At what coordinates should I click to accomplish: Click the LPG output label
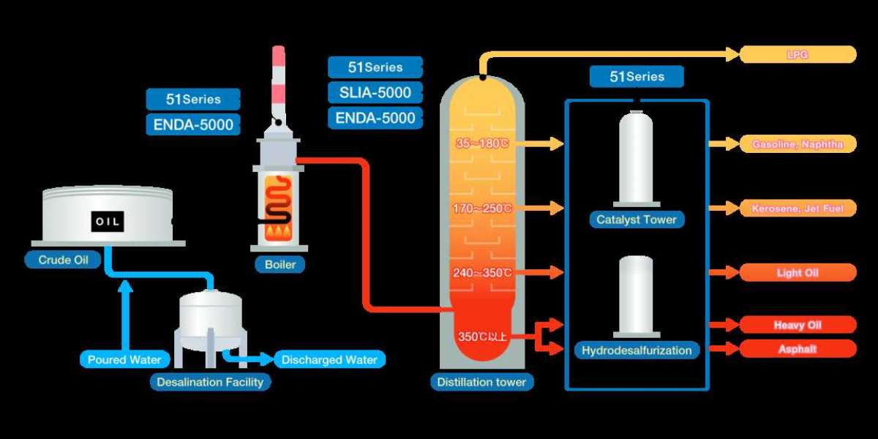tap(798, 54)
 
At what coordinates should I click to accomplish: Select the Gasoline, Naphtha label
tap(798, 144)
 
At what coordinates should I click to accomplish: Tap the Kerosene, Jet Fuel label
tap(798, 209)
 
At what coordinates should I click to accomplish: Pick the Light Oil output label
tap(798, 273)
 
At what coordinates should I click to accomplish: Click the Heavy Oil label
tap(798, 325)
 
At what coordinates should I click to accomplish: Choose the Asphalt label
tap(798, 349)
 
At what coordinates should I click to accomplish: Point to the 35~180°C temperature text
tap(482, 144)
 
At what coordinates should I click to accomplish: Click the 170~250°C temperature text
tap(482, 209)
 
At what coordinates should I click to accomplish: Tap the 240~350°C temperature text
tap(482, 273)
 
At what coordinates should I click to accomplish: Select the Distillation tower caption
tap(481, 382)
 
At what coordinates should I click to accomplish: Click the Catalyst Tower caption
tap(636, 219)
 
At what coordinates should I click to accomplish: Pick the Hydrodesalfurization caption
tap(636, 350)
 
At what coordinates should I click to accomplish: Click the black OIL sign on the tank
tap(108, 221)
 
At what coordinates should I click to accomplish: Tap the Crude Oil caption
tap(64, 260)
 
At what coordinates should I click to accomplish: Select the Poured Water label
tap(124, 359)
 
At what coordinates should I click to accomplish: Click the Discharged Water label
tap(329, 359)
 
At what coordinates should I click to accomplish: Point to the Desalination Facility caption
tap(210, 382)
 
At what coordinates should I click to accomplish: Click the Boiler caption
tap(279, 264)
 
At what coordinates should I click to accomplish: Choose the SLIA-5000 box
tap(375, 92)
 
